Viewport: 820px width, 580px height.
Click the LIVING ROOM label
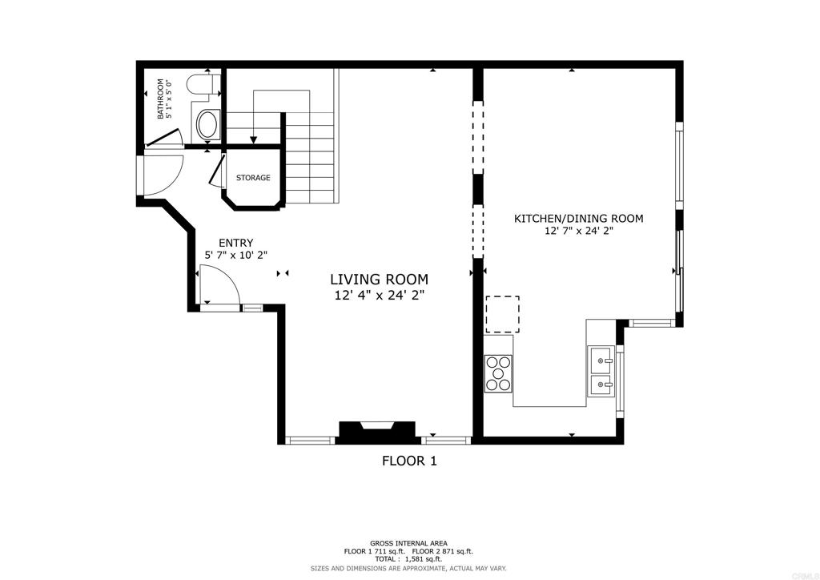tap(379, 280)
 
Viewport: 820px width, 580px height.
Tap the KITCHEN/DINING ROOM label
tap(578, 218)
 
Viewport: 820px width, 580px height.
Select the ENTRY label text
tap(236, 244)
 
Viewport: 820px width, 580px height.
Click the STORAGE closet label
tap(253, 178)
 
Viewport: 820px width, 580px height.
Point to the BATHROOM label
tap(161, 99)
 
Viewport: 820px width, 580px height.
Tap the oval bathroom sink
tap(207, 126)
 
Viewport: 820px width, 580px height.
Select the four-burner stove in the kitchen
tap(498, 373)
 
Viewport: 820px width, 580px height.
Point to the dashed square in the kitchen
tap(502, 313)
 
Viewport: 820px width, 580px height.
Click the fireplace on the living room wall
tap(378, 431)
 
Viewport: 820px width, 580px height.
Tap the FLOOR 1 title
tap(409, 461)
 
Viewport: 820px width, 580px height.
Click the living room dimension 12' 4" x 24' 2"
tap(379, 296)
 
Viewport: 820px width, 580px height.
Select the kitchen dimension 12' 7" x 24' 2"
tap(578, 232)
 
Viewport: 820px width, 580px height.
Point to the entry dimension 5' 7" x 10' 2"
tap(236, 256)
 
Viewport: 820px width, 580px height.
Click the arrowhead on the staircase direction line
tap(254, 140)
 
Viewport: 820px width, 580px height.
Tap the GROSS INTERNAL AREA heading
tap(408, 543)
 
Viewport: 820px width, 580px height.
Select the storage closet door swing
tap(215, 171)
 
